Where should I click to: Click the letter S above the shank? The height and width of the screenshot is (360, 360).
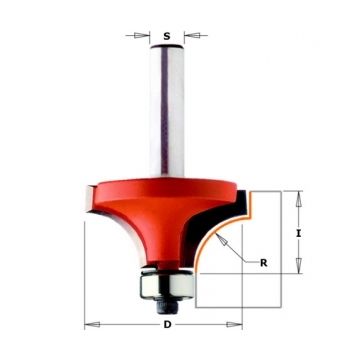point(167,36)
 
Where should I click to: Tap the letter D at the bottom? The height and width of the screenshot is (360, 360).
point(167,325)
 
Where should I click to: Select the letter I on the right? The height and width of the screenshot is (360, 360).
point(299,234)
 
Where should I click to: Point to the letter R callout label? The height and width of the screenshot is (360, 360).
point(264,263)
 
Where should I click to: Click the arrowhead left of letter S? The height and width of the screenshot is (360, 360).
point(141,35)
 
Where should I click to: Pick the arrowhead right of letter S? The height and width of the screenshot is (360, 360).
point(192,35)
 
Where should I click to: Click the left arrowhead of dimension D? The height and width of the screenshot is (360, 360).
point(92,324)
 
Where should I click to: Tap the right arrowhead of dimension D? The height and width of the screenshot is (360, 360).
point(234,324)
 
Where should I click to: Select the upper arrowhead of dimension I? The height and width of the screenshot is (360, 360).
point(299,199)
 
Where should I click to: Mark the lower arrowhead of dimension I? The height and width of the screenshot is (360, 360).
point(299,266)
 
